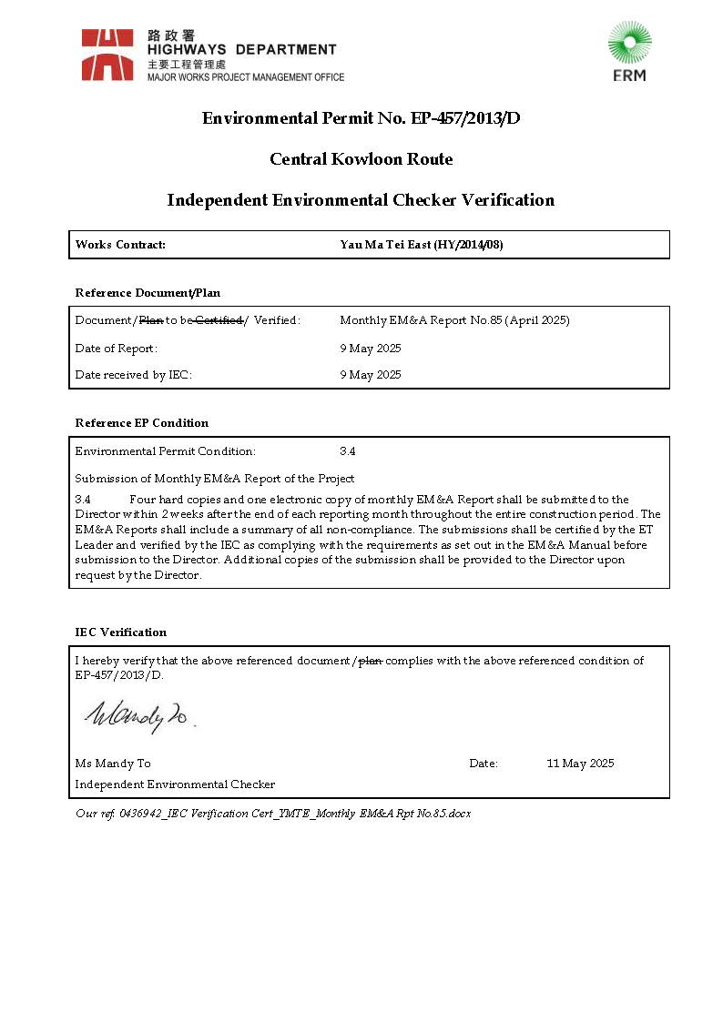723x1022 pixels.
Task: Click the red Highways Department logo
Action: (x=107, y=55)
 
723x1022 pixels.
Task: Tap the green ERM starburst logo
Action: (x=629, y=44)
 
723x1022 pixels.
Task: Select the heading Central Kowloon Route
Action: (x=361, y=159)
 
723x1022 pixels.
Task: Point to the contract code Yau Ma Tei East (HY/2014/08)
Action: (x=421, y=245)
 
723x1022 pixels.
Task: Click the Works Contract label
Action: (x=120, y=245)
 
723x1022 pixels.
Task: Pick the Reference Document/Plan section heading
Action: (x=148, y=293)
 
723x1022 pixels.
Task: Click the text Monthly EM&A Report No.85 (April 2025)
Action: (x=454, y=320)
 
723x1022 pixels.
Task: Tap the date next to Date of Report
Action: (x=370, y=349)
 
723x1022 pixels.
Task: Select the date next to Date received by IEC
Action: (x=370, y=375)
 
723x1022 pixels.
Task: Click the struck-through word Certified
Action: (x=219, y=320)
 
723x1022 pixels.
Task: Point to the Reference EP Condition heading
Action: (x=141, y=423)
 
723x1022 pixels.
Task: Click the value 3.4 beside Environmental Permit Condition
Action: (x=347, y=451)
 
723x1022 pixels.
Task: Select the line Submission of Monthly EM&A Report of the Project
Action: (x=214, y=479)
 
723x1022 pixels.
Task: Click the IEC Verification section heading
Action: (x=120, y=632)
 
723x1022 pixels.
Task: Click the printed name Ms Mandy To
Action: (x=113, y=764)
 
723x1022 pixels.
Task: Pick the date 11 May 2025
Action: (x=580, y=764)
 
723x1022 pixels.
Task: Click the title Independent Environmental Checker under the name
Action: (x=175, y=784)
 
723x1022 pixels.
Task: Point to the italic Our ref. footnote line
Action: (x=273, y=814)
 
